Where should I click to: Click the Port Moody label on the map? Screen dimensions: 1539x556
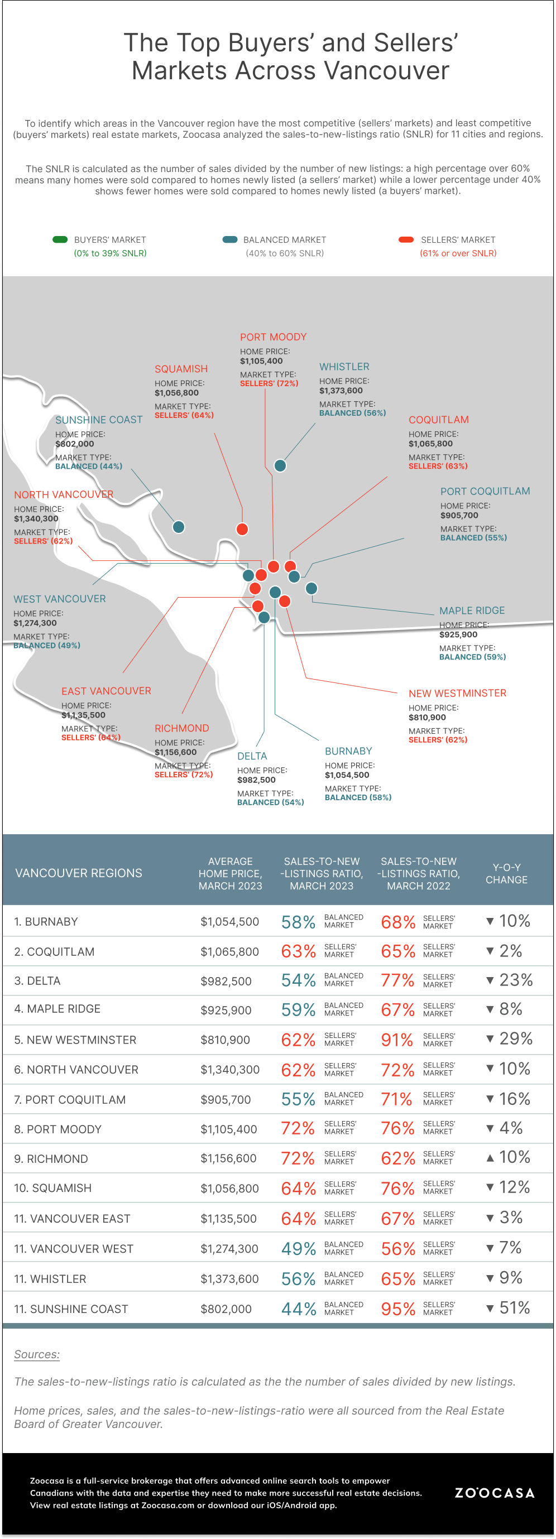pyautogui.click(x=273, y=337)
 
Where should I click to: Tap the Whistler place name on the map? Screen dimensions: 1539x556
pyautogui.click(x=344, y=367)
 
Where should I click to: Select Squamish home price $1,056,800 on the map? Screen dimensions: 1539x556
pyautogui.click(x=176, y=393)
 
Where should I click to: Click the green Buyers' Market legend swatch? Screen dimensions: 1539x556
pyautogui.click(x=60, y=239)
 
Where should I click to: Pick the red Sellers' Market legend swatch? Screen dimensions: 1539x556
pyautogui.click(x=406, y=239)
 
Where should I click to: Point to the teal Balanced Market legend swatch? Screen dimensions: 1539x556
pyautogui.click(x=229, y=239)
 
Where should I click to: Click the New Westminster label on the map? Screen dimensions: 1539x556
pyautogui.click(x=457, y=693)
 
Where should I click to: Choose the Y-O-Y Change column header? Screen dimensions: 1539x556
pyautogui.click(x=506, y=873)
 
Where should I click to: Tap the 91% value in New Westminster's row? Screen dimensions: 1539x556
pyautogui.click(x=397, y=1040)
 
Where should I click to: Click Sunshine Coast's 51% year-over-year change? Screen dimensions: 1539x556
pyautogui.click(x=514, y=1308)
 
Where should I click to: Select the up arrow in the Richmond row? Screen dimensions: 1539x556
pyautogui.click(x=490, y=1158)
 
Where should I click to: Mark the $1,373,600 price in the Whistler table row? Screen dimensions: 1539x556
pyautogui.click(x=229, y=1278)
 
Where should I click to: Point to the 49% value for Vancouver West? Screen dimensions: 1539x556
pyautogui.click(x=298, y=1249)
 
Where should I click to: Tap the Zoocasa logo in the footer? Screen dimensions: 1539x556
pyautogui.click(x=495, y=1493)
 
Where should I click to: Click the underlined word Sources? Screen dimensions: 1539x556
pyautogui.click(x=37, y=1354)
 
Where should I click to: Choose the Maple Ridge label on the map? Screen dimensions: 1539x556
pyautogui.click(x=472, y=610)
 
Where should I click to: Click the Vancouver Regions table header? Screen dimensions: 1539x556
pyautogui.click(x=78, y=873)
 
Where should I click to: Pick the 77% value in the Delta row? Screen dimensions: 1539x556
pyautogui.click(x=397, y=980)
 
